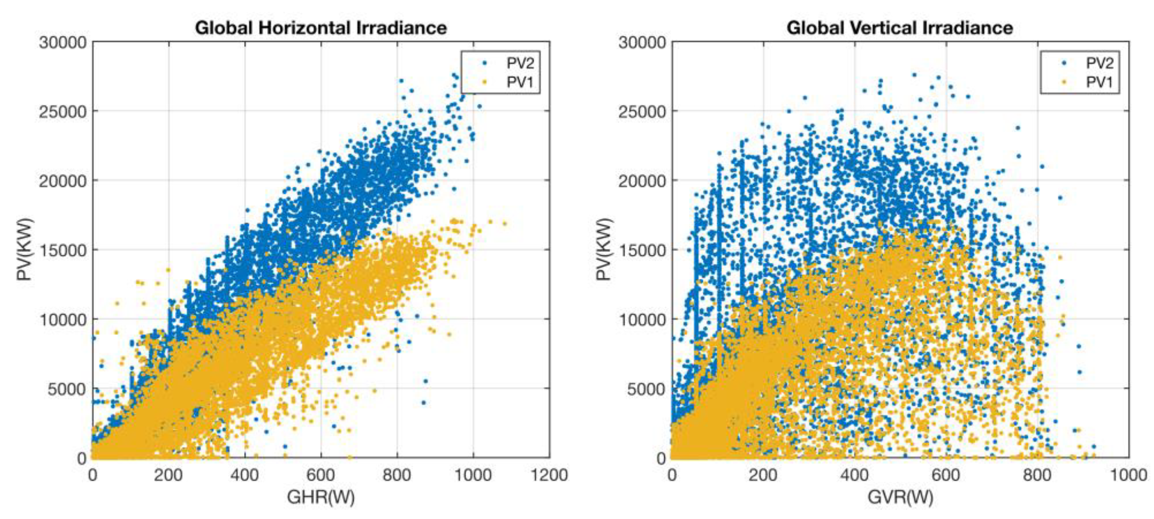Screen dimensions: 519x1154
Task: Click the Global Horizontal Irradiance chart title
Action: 321,28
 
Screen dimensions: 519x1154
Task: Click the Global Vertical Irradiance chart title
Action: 900,28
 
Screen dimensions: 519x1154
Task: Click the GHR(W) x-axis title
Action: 321,497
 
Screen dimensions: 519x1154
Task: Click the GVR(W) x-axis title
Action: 900,497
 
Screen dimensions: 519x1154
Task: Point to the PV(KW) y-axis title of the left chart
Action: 25,249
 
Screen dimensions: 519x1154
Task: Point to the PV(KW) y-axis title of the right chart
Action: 604,249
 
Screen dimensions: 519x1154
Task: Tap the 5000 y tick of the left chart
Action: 67,389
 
